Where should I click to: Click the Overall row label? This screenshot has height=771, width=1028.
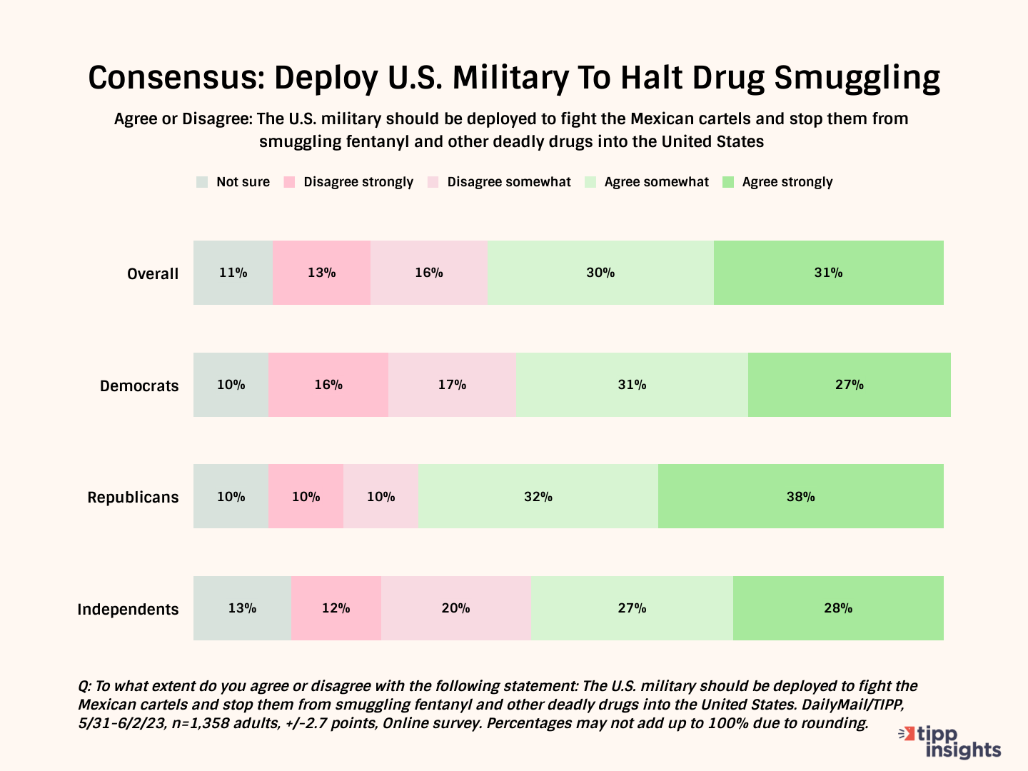pyautogui.click(x=152, y=274)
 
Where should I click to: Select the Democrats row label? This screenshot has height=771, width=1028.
pyautogui.click(x=139, y=386)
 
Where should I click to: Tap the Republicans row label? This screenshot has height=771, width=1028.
pyautogui.click(x=133, y=498)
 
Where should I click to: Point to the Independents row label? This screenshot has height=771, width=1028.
pyautogui.click(x=128, y=610)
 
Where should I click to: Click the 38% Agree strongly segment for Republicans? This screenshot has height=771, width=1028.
pyautogui.click(x=800, y=497)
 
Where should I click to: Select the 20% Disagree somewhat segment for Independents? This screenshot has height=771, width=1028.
pyautogui.click(x=455, y=608)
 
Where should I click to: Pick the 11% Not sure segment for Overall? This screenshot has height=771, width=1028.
pyautogui.click(x=233, y=273)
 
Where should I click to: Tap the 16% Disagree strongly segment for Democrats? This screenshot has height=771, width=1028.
pyautogui.click(x=328, y=385)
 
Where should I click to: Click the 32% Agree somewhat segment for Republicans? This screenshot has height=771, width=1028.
pyautogui.click(x=538, y=497)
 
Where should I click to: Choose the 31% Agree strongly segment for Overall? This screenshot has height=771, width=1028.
pyautogui.click(x=828, y=273)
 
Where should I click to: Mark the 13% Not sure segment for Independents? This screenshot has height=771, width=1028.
pyautogui.click(x=242, y=608)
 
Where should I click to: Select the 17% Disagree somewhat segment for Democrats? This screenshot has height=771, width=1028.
pyautogui.click(x=452, y=385)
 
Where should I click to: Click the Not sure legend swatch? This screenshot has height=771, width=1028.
pyautogui.click(x=202, y=182)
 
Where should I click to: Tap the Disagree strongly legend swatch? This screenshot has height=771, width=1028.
pyautogui.click(x=289, y=182)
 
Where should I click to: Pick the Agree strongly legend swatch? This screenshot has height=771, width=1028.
pyautogui.click(x=728, y=182)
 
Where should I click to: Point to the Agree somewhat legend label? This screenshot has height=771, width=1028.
pyautogui.click(x=656, y=182)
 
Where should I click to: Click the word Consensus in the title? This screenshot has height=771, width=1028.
pyautogui.click(x=176, y=78)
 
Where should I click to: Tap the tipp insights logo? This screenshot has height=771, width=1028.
pyautogui.click(x=950, y=742)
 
